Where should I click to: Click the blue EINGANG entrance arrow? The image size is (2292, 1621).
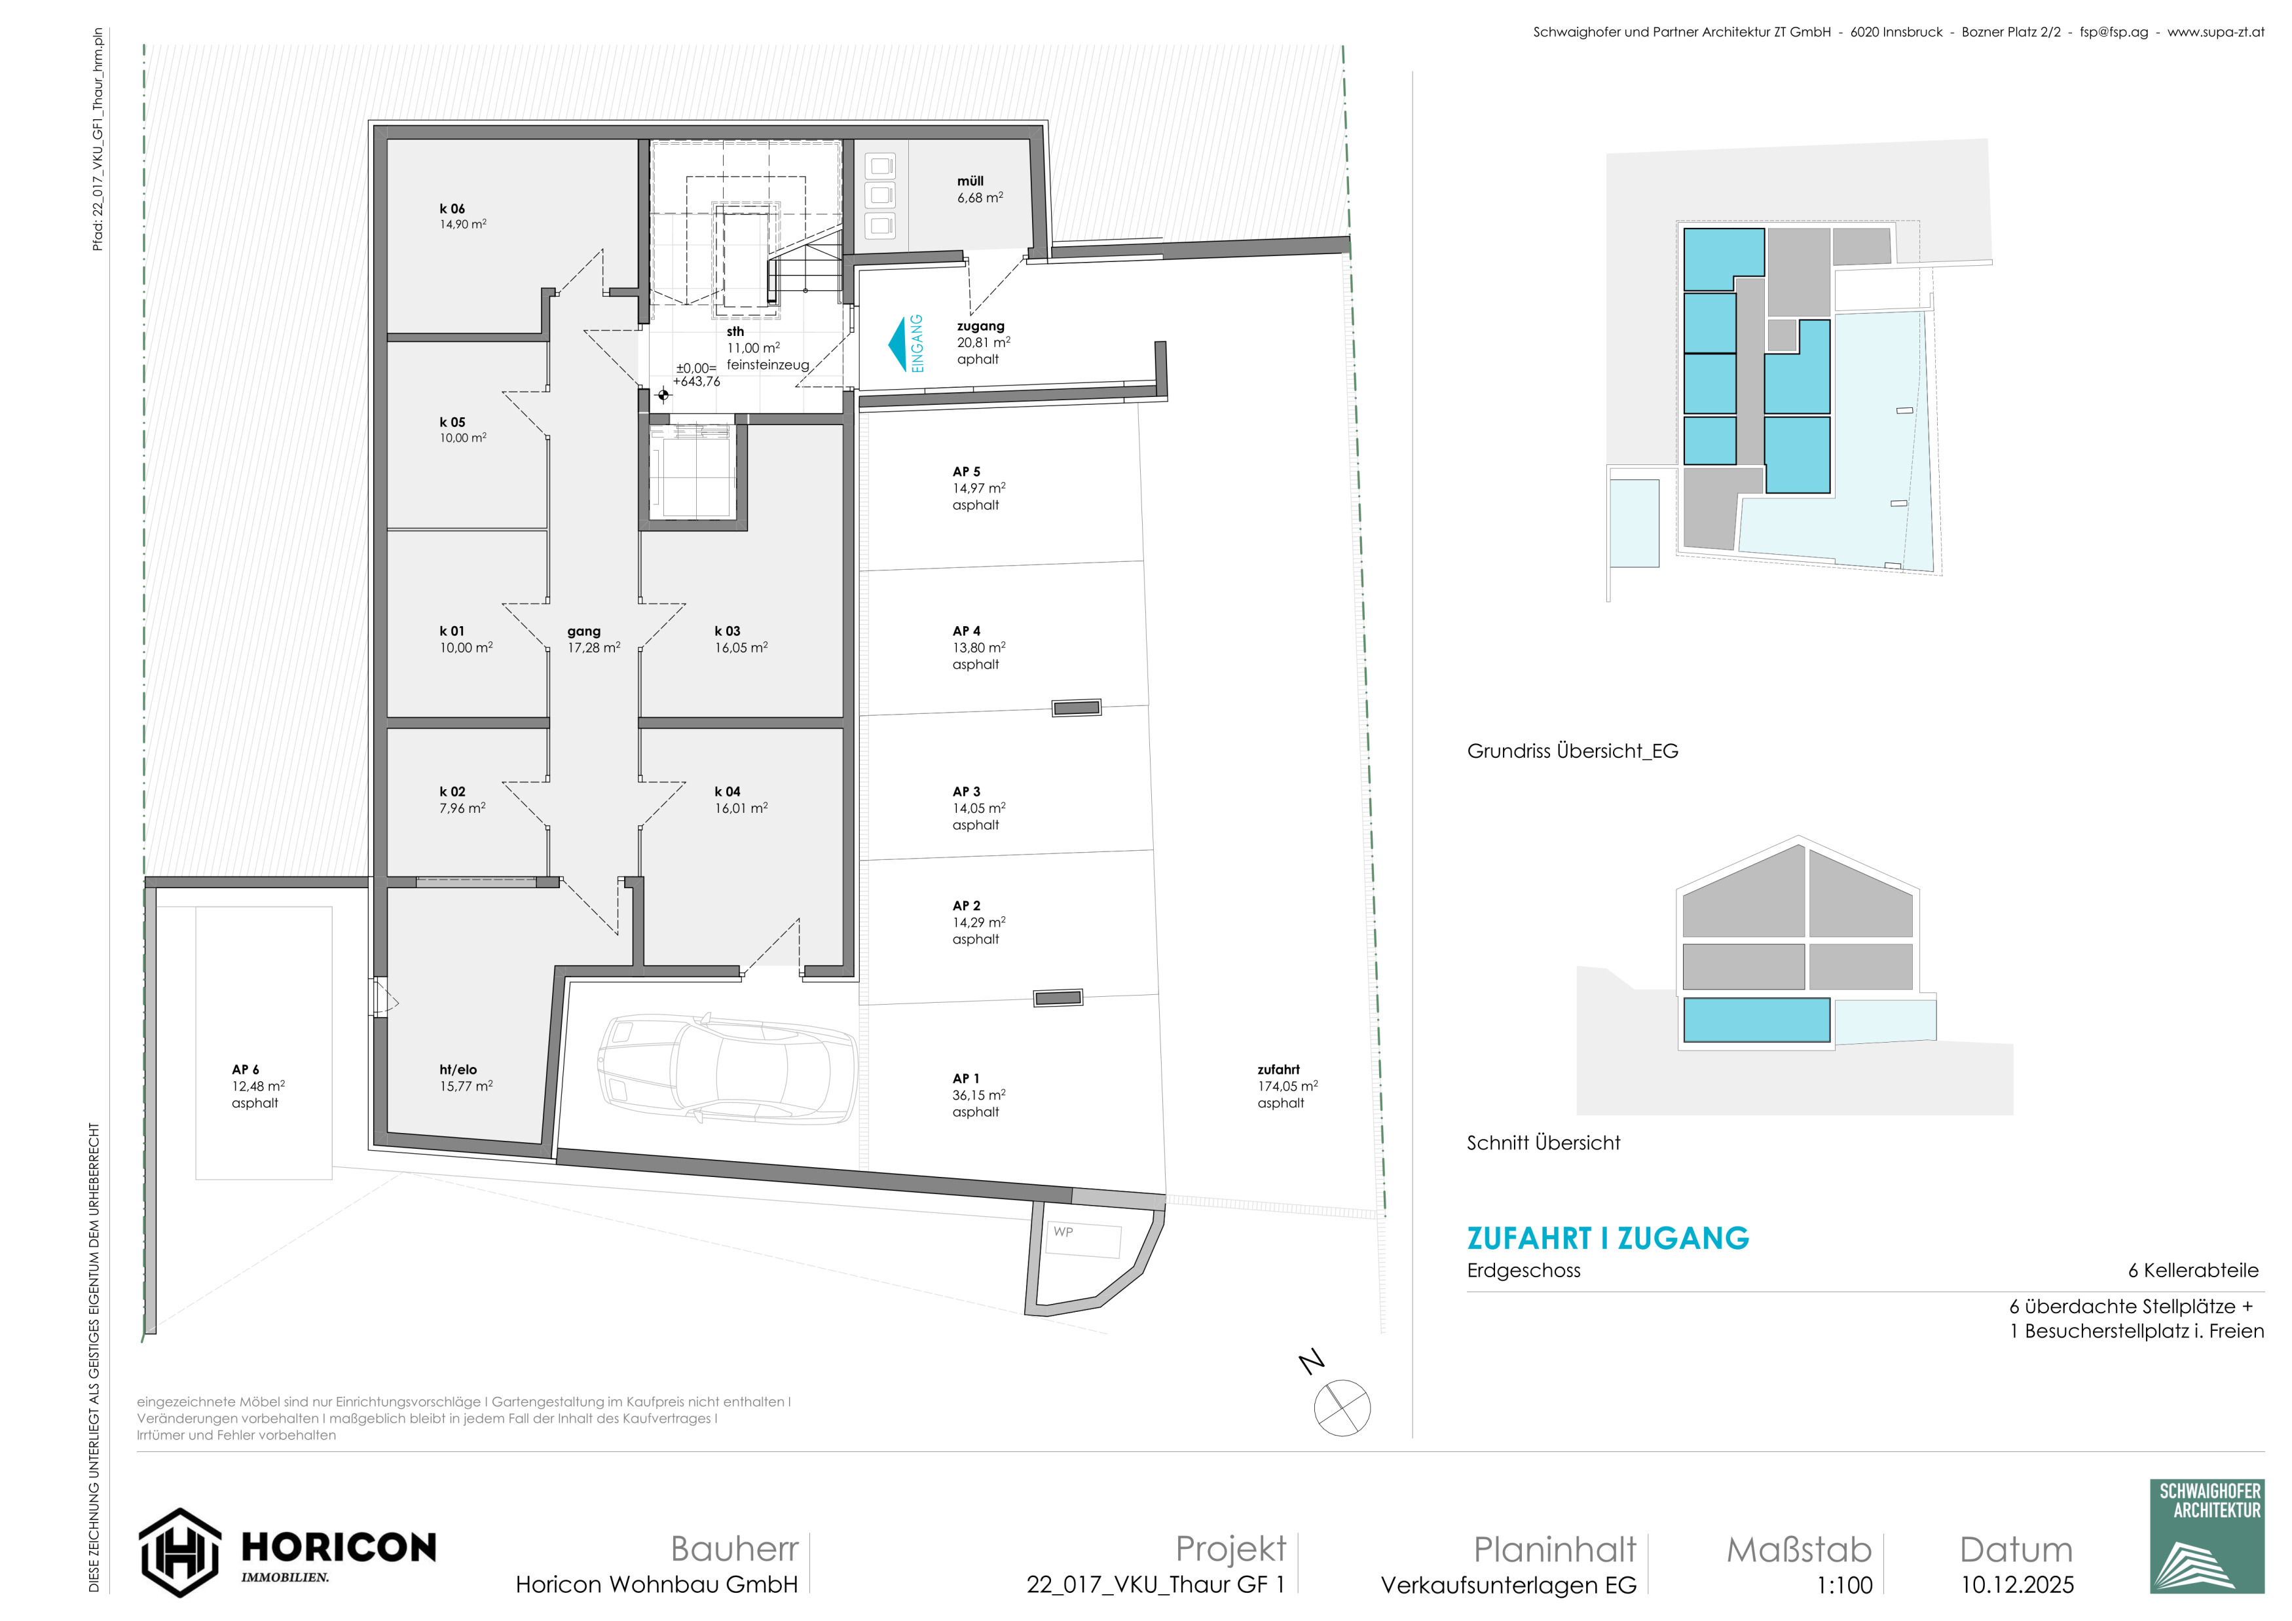(x=897, y=345)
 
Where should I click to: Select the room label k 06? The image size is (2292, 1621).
(x=453, y=209)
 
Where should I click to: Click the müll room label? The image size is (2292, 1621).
(x=970, y=181)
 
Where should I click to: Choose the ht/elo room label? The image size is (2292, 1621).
(x=458, y=1069)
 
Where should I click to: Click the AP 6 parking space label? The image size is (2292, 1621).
(x=246, y=1069)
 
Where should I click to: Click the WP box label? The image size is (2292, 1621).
(x=1063, y=1232)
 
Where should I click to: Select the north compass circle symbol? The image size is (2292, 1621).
(x=1342, y=1407)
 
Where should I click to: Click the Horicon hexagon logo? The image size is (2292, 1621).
(x=179, y=1552)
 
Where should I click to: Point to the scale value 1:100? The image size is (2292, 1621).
(x=1844, y=1585)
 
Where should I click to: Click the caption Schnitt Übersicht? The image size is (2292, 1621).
(x=1543, y=1143)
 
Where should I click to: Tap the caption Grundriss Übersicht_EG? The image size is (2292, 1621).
(x=1572, y=751)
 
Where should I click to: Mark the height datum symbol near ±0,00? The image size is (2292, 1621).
(x=663, y=396)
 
